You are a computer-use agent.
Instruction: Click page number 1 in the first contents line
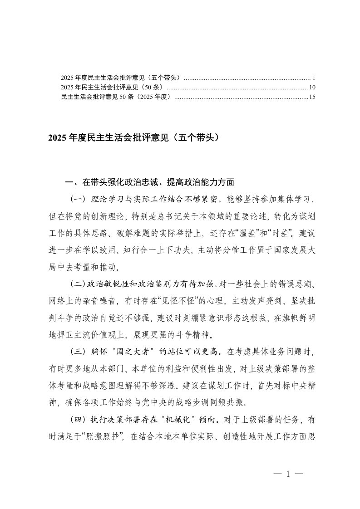click(314, 78)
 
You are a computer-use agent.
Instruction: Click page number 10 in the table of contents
click(312, 87)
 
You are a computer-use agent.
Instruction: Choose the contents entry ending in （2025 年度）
click(116, 97)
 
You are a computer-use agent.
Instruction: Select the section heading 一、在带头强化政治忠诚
click(150, 183)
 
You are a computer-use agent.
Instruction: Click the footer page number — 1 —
click(288, 475)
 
